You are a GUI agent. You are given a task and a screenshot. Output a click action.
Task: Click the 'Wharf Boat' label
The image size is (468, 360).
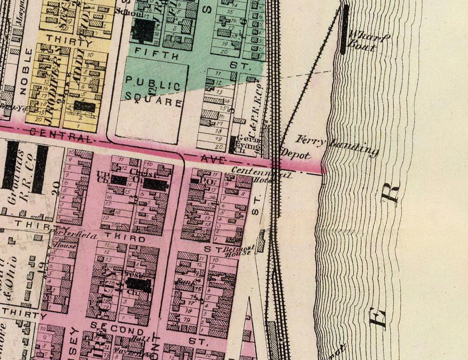[368, 42]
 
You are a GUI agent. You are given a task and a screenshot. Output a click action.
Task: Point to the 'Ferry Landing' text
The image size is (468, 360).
[338, 145]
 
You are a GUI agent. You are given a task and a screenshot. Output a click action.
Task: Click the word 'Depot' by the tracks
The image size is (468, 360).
[296, 155]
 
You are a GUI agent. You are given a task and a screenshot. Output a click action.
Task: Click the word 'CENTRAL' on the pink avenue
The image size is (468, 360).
[62, 135]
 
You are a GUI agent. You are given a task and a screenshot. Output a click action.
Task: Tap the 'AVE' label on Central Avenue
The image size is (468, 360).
[210, 159]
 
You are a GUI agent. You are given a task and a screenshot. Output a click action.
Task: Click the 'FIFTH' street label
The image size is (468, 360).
[157, 53]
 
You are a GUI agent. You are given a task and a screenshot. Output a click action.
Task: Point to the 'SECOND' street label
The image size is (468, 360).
[117, 330]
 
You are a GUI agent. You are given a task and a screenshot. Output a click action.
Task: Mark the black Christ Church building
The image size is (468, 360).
[155, 184]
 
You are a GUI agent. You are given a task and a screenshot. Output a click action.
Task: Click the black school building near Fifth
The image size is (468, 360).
[143, 30]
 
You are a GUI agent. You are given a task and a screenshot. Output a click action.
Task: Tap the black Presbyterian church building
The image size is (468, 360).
[138, 285]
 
